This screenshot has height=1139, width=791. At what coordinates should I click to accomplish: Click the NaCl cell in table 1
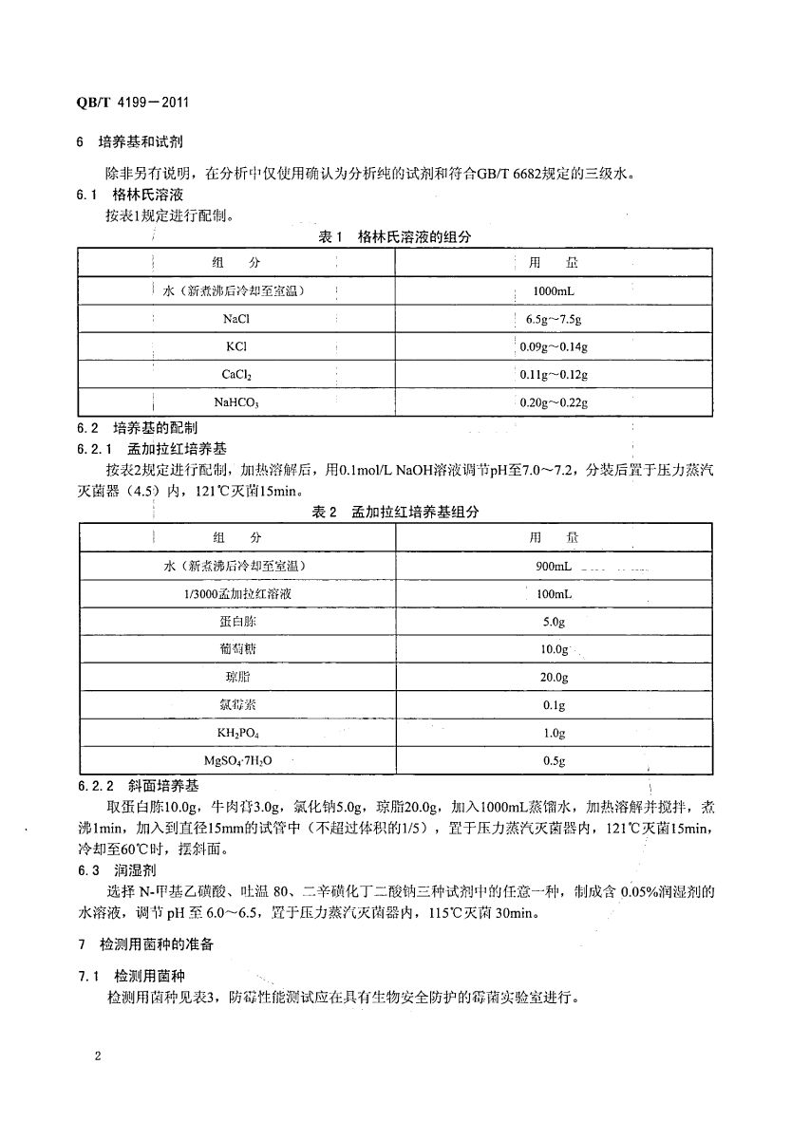pyautogui.click(x=235, y=319)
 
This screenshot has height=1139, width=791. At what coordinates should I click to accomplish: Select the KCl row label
pyautogui.click(x=235, y=347)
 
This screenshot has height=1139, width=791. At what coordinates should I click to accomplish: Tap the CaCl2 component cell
pyautogui.click(x=235, y=375)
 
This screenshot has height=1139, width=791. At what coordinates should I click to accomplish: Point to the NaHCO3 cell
pyautogui.click(x=235, y=402)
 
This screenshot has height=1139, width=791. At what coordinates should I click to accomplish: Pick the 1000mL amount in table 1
pyautogui.click(x=551, y=291)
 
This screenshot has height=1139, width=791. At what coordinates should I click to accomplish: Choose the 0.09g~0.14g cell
pyautogui.click(x=554, y=347)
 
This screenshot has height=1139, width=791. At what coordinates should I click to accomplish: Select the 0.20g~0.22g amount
pyautogui.click(x=554, y=402)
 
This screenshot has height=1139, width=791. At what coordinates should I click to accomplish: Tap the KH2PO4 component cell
pyautogui.click(x=235, y=734)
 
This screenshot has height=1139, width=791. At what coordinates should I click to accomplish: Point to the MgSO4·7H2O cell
pyautogui.click(x=235, y=761)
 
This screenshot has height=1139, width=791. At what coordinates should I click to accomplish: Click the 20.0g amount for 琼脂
pyautogui.click(x=554, y=678)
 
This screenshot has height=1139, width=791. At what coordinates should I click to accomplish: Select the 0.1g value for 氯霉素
pyautogui.click(x=554, y=705)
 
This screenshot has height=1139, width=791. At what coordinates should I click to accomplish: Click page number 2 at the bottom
pyautogui.click(x=98, y=1056)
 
